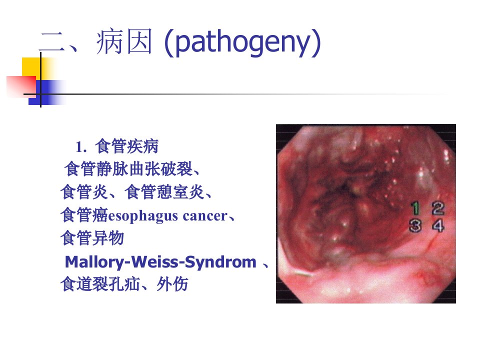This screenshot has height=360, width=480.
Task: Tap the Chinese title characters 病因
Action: tap(124, 41)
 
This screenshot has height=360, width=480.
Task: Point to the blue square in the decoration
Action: tap(46, 92)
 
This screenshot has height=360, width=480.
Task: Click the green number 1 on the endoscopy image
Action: tap(415, 208)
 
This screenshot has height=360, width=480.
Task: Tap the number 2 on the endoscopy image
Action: tap(438, 208)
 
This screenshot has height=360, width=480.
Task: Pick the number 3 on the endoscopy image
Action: tap(415, 225)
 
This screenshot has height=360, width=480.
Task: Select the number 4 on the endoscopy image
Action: tap(438, 225)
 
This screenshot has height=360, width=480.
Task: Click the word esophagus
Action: tap(143, 216)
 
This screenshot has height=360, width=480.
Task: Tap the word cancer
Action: tap(205, 216)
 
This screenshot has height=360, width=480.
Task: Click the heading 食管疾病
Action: tap(126, 146)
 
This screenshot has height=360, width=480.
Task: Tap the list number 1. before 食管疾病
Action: tap(81, 147)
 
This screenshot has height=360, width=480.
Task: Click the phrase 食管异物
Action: tap(92, 238)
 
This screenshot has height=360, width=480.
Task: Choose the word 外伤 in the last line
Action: tap(172, 284)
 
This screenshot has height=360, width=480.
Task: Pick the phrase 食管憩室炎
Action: tap(164, 192)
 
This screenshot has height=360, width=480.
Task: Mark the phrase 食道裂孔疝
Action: tap(100, 284)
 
